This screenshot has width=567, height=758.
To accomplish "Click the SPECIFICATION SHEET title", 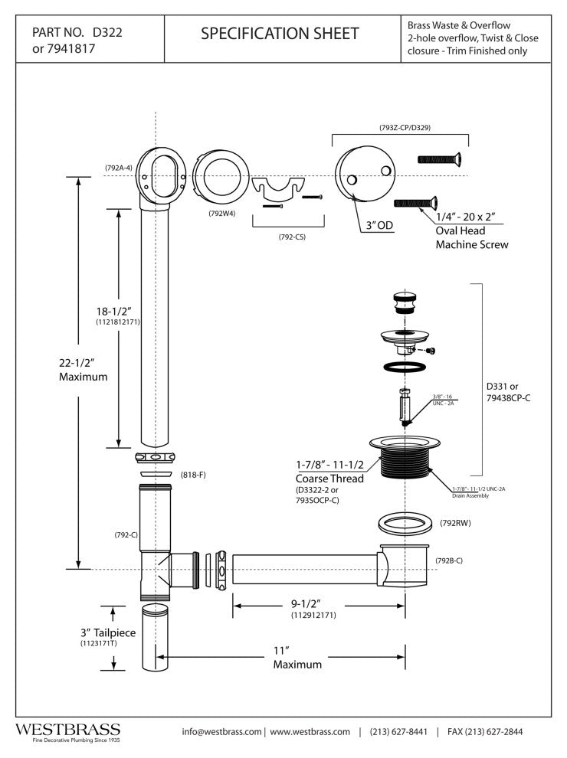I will pos(279,34).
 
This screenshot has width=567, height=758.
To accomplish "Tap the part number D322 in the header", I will pos(107,34).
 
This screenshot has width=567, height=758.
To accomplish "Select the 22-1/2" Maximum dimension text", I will pos(84,370).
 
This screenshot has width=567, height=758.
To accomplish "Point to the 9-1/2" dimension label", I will pos(314,603).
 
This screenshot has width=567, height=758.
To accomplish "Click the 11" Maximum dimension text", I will pos(297,658).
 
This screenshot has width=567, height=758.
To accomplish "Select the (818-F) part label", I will pos(192,475).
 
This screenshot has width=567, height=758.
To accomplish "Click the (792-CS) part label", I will pos(287,237).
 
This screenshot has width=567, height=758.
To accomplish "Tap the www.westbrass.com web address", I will pos(310,732).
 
